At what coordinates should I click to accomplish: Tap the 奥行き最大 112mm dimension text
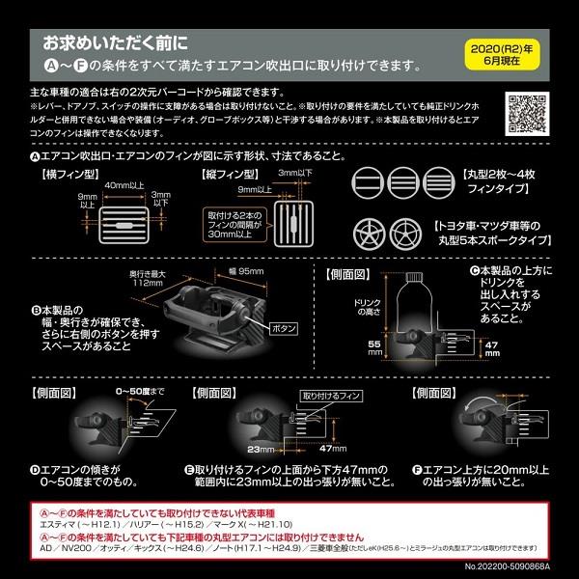click(122, 278)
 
